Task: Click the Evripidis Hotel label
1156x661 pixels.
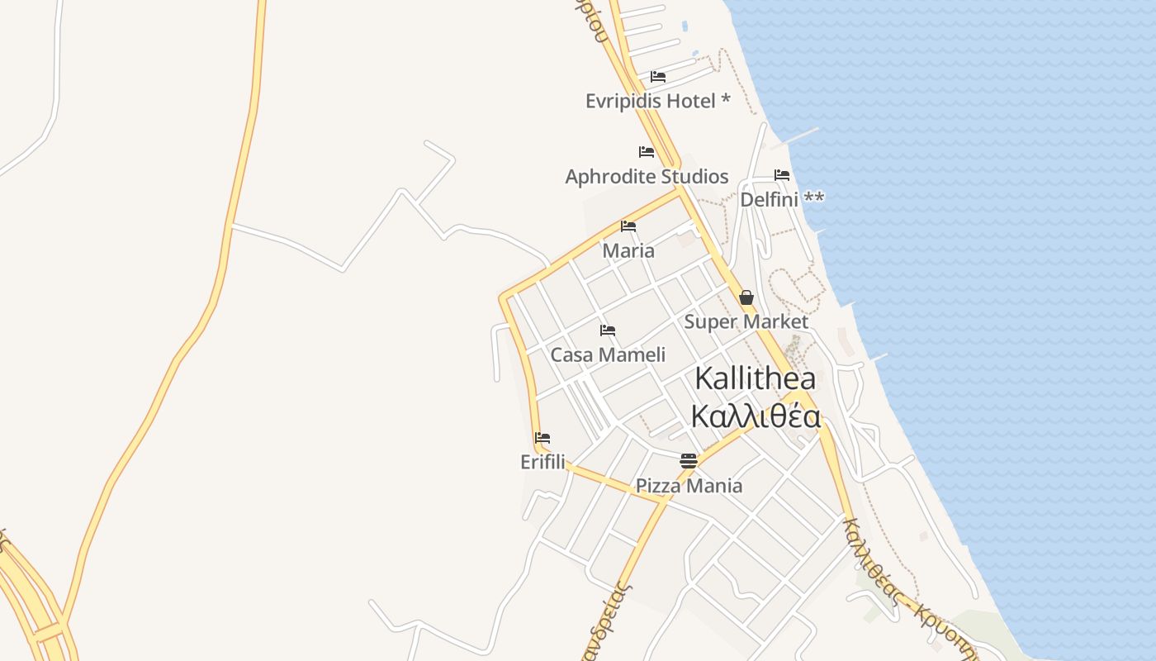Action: [x=649, y=101]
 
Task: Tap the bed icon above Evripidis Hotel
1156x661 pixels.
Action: [x=658, y=77]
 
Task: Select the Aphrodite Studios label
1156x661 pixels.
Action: [x=647, y=176]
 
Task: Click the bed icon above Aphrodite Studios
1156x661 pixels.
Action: [x=647, y=152]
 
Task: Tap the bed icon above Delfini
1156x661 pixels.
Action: [x=782, y=175]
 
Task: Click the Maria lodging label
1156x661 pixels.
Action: [x=628, y=250]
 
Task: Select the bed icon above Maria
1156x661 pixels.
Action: [x=628, y=226]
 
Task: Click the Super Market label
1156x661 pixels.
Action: [x=746, y=321]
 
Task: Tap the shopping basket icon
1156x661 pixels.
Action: [x=746, y=297]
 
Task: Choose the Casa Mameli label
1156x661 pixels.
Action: [x=608, y=354]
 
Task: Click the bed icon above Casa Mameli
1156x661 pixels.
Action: [x=608, y=330]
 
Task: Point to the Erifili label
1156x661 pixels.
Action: [x=542, y=462]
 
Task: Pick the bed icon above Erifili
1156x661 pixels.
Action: [x=542, y=438]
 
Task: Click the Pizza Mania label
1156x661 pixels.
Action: [x=689, y=485]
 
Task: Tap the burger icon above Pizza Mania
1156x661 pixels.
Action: [x=689, y=461]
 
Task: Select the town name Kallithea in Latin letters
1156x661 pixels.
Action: [x=755, y=378]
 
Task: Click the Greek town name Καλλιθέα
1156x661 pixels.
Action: [x=756, y=416]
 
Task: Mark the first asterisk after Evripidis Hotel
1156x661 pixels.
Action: [x=725, y=99]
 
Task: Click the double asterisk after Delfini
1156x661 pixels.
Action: [x=813, y=197]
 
